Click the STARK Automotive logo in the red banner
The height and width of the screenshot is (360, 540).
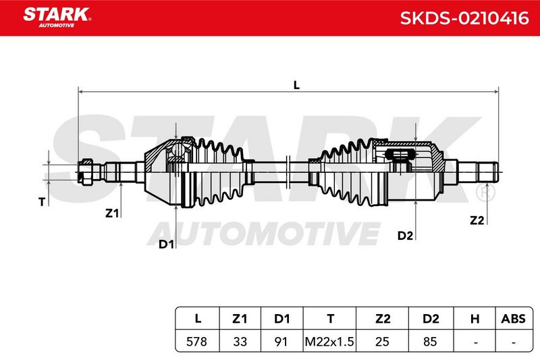pyautogui.click(x=57, y=18)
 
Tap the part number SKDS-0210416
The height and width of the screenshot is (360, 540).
pyautogui.click(x=464, y=18)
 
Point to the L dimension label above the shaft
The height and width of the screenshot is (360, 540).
pyautogui.click(x=296, y=84)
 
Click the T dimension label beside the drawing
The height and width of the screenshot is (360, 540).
pyautogui.click(x=42, y=201)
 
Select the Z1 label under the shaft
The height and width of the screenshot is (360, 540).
pyautogui.click(x=112, y=213)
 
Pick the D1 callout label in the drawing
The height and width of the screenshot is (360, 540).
pyautogui.click(x=166, y=245)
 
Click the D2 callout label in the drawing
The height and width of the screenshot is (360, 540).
pyautogui.click(x=405, y=236)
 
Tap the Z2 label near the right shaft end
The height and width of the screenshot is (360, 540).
pyautogui.click(x=477, y=220)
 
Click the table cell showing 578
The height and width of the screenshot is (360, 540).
pyautogui.click(x=196, y=341)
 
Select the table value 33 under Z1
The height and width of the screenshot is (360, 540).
pyautogui.click(x=240, y=341)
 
